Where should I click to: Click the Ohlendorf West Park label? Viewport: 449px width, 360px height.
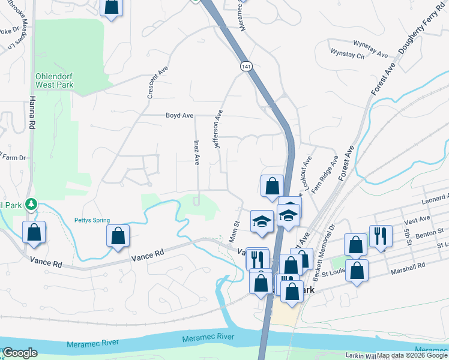tap(54, 80)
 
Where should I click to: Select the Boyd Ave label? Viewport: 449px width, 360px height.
tap(179, 115)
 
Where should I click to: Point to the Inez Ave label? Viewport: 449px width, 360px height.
tap(196, 151)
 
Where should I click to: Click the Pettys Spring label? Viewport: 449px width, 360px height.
tap(92, 220)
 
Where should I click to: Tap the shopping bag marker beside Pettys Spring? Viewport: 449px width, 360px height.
tap(118, 236)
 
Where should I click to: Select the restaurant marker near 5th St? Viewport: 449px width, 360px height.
tap(381, 235)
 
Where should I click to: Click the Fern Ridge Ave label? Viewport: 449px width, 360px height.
tap(334, 172)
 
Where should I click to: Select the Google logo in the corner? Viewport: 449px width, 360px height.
tap(20, 353)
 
